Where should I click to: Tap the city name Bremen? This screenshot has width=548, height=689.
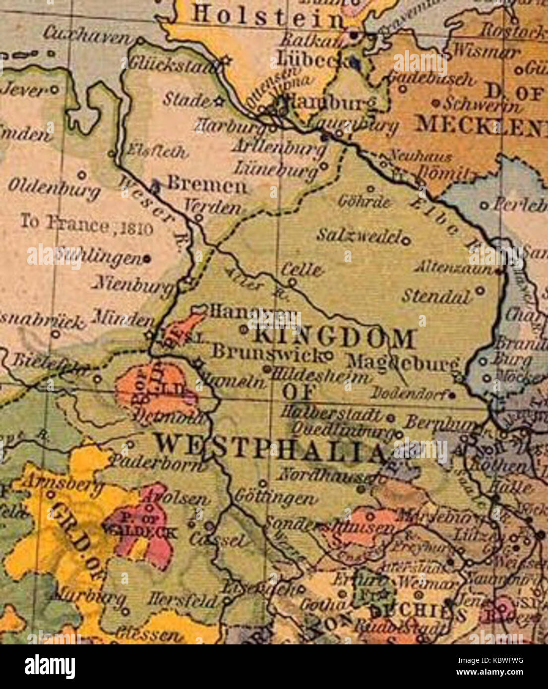click(x=206, y=185)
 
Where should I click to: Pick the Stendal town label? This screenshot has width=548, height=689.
click(x=436, y=296)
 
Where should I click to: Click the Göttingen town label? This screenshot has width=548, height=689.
click(x=275, y=498)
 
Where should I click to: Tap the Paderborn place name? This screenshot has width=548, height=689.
click(x=156, y=462)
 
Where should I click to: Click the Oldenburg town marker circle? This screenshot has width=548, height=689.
click(x=82, y=174)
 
